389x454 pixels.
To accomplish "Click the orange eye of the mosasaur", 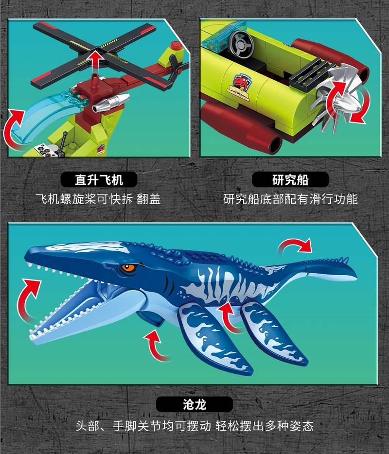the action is tap(129, 268).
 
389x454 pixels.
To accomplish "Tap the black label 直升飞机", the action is tap(99, 179).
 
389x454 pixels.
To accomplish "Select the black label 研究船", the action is tap(290, 179).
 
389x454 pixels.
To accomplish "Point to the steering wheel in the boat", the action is tap(241, 44).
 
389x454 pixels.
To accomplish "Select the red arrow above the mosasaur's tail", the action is tap(294, 247).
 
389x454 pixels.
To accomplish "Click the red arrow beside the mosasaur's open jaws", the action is tap(27, 298).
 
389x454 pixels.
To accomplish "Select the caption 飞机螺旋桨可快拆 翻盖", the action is tap(98, 199).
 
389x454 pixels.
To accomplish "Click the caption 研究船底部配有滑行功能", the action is tap(290, 199).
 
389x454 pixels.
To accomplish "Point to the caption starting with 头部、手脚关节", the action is tap(194, 426).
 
